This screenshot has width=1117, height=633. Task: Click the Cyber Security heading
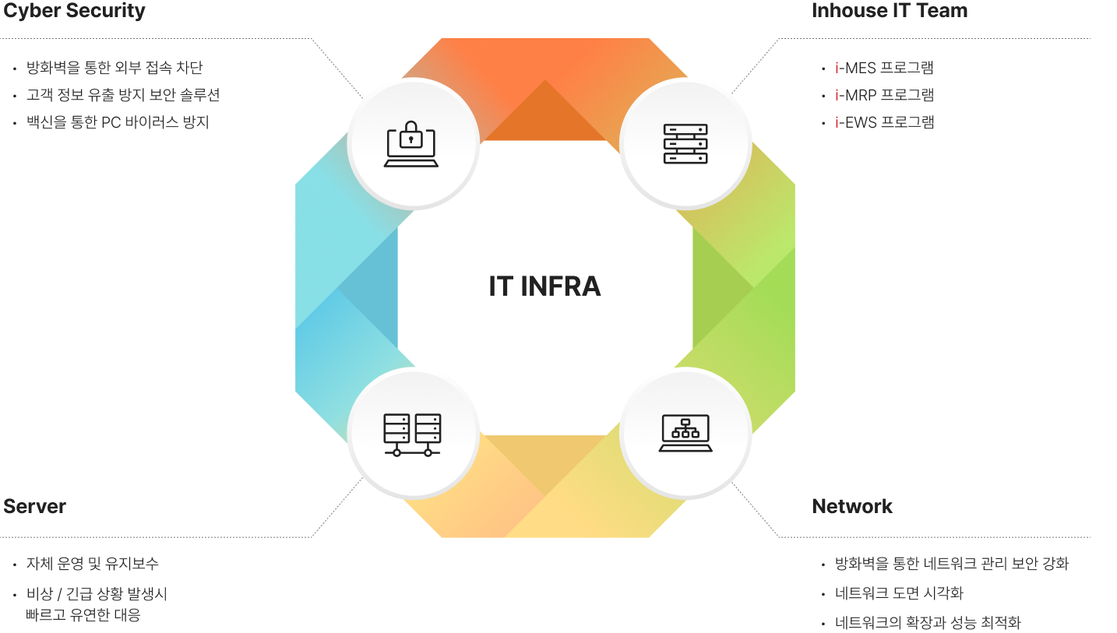[x=74, y=10]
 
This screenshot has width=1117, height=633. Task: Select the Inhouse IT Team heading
[x=890, y=10]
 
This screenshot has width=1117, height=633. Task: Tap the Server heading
[x=35, y=506]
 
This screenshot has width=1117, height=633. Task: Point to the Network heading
[x=852, y=506]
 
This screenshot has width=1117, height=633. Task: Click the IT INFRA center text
[x=544, y=286]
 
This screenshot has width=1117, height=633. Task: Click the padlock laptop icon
[x=411, y=143]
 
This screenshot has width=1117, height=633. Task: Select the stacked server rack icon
[x=685, y=144]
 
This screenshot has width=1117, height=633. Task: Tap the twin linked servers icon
[x=412, y=434]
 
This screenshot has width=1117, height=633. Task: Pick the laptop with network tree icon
[x=685, y=433]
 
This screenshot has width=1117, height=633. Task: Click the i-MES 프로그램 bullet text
[x=884, y=68]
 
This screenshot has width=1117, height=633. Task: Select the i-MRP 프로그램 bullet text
[x=884, y=95]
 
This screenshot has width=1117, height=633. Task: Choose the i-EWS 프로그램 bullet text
[x=884, y=122]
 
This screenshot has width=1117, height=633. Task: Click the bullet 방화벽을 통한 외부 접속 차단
[x=115, y=67]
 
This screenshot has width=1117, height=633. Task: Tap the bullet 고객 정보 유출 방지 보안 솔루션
[x=123, y=95]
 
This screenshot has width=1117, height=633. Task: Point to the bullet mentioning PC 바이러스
[x=118, y=122]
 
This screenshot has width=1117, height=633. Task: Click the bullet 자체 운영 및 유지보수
[x=92, y=564]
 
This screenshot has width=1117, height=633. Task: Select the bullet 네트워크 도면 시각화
[x=899, y=593]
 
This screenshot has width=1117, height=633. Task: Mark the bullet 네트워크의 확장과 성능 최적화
[x=928, y=623]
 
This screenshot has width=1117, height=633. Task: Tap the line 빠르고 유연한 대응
[x=83, y=615]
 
